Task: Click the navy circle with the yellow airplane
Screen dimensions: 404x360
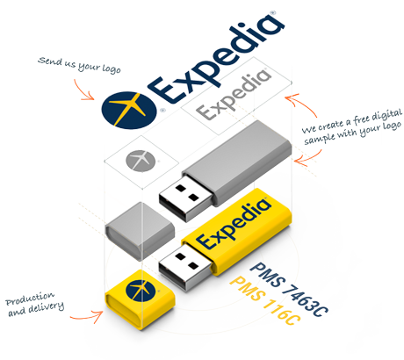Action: click(129, 110)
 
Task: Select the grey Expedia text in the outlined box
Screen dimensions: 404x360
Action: click(234, 95)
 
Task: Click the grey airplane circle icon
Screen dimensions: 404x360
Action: click(141, 161)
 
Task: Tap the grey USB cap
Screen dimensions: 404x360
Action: click(140, 230)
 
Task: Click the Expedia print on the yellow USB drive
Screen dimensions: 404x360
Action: click(234, 224)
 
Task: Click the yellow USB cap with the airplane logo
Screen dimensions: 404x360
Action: click(140, 299)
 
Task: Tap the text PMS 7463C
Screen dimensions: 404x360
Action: click(288, 290)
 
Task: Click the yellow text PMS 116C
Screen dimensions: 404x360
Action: click(264, 301)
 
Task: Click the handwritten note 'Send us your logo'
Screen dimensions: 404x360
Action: click(79, 65)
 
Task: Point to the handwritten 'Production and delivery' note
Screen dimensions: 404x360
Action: click(34, 304)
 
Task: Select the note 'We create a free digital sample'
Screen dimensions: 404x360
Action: click(352, 126)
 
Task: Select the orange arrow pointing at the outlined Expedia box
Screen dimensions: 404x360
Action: click(304, 103)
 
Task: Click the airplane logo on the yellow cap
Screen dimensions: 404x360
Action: click(141, 290)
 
